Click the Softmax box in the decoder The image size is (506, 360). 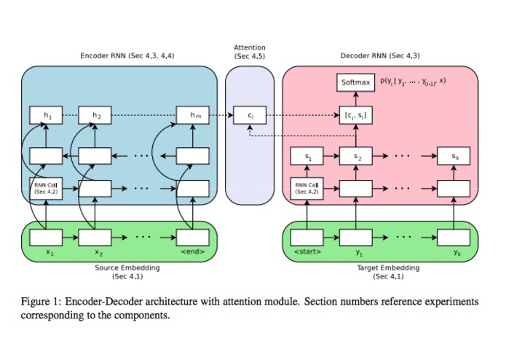coord(356,82)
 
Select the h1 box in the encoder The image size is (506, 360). coord(46,114)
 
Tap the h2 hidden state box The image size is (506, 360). coord(95,114)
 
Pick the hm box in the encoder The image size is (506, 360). coord(193,114)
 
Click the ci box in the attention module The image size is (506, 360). coord(249,114)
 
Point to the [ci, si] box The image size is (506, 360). coord(356,114)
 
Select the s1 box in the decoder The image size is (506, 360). coord(307,156)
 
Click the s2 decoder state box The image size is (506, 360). coord(356,156)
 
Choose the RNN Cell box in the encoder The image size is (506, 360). coord(46,187)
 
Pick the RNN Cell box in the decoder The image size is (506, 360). coord(307,187)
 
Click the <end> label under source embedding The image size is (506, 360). coord(193,254)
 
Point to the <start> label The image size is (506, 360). coord(307,254)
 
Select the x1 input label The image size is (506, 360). coord(46,254)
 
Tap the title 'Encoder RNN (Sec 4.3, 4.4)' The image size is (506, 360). coord(127,55)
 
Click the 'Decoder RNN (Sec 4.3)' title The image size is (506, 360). coord(379,55)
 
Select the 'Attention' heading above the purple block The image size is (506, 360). coord(249,47)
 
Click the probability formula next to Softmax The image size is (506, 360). coord(413,81)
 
